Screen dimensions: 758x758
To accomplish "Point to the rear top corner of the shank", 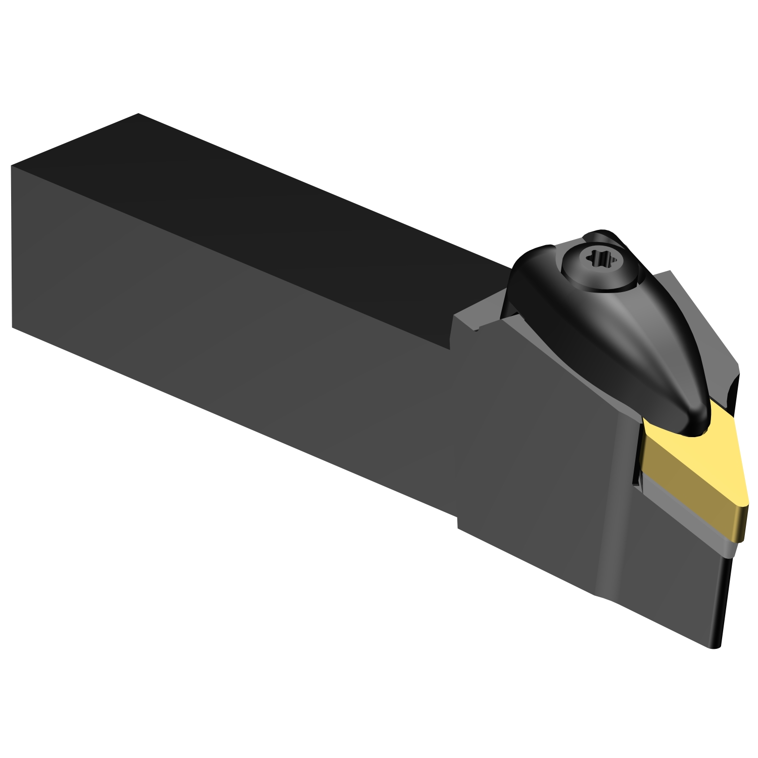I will [x=138, y=114].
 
